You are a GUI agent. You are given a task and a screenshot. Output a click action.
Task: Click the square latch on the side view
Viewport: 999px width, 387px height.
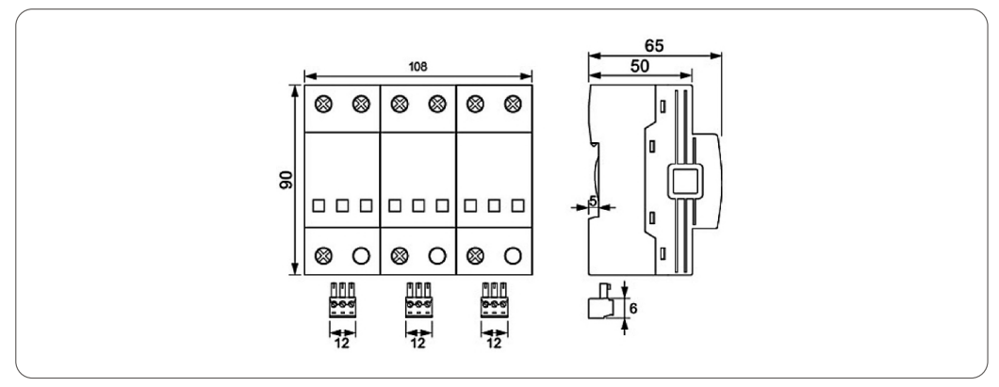[x=684, y=181]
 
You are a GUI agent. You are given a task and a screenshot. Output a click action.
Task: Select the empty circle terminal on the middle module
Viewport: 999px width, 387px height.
[x=436, y=253]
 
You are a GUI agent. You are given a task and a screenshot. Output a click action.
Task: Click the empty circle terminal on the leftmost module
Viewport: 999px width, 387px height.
[x=360, y=253]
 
